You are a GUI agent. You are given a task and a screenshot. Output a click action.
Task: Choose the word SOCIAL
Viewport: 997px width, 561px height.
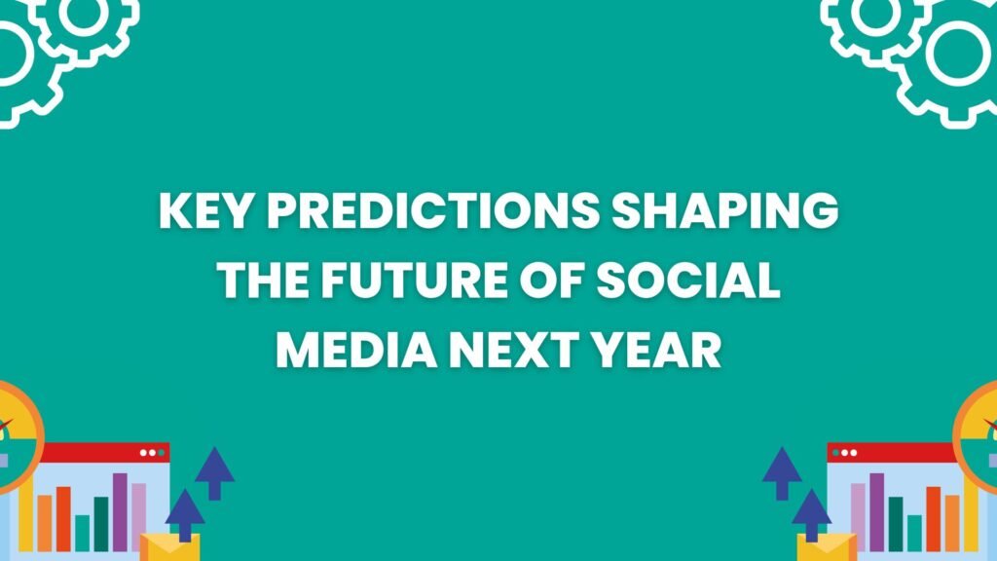pos(688,280)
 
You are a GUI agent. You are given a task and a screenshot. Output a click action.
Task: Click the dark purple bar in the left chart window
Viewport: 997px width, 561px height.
pos(120,511)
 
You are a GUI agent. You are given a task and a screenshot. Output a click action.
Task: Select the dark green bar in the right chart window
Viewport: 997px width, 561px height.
pos(896,523)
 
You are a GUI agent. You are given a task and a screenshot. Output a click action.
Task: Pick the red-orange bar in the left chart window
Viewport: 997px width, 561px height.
pos(63,518)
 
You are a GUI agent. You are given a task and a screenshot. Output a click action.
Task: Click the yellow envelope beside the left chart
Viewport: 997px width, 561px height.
pos(169,547)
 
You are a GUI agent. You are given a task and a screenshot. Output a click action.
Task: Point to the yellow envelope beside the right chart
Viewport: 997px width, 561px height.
pos(827,547)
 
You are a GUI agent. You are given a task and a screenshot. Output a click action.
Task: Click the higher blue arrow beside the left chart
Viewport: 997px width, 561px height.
pos(215,473)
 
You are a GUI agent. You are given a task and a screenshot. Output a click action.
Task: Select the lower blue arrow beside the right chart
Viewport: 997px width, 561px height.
pos(811,515)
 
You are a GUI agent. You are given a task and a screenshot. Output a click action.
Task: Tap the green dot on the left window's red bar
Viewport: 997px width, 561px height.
pos(162,453)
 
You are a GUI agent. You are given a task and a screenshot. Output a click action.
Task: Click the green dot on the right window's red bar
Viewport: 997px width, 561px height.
pos(835,453)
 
